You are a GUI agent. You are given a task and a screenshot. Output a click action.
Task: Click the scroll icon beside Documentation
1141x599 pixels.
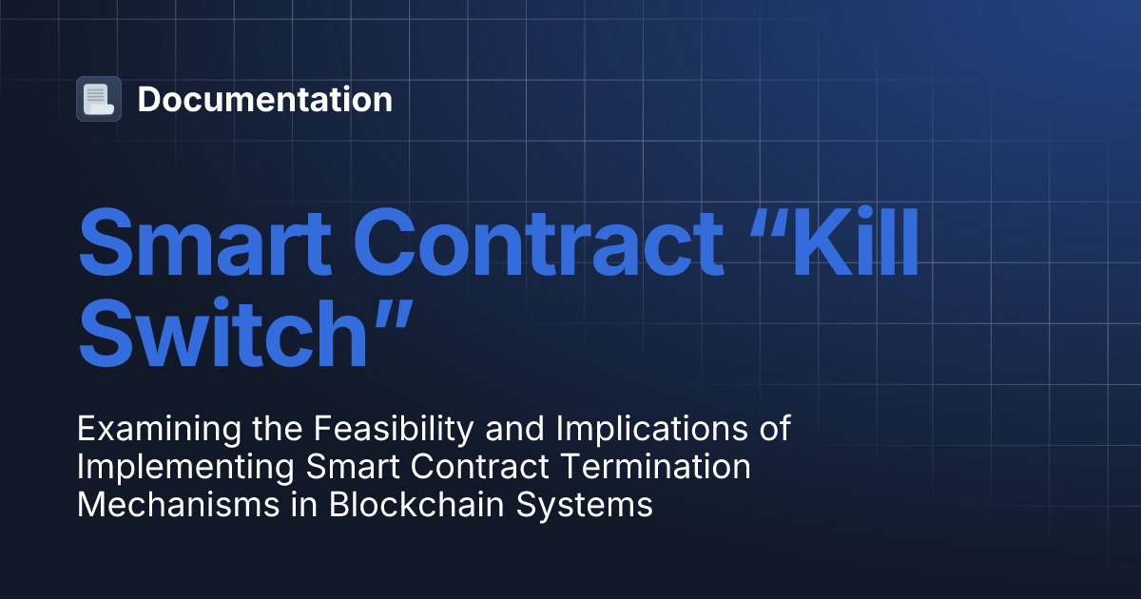coord(99,99)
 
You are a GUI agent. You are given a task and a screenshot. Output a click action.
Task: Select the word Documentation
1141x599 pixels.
coord(264,99)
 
